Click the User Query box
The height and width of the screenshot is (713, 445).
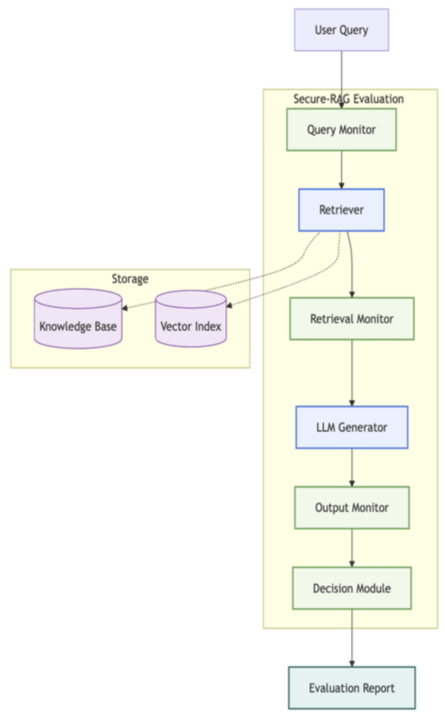click(342, 30)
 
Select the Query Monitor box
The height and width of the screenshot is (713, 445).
click(342, 130)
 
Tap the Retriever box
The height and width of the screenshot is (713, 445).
click(342, 210)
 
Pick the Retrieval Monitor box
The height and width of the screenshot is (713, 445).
click(352, 319)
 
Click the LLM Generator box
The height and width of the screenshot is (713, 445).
click(352, 428)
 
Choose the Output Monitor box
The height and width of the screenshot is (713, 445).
click(352, 508)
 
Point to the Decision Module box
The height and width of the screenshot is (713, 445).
click(352, 589)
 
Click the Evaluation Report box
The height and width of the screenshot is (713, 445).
click(352, 688)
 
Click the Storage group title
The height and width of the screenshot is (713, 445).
click(130, 279)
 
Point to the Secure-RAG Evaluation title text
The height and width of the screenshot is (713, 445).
click(348, 99)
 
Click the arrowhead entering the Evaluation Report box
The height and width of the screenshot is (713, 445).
click(352, 664)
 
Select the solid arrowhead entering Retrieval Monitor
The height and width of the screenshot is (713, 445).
click(352, 294)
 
